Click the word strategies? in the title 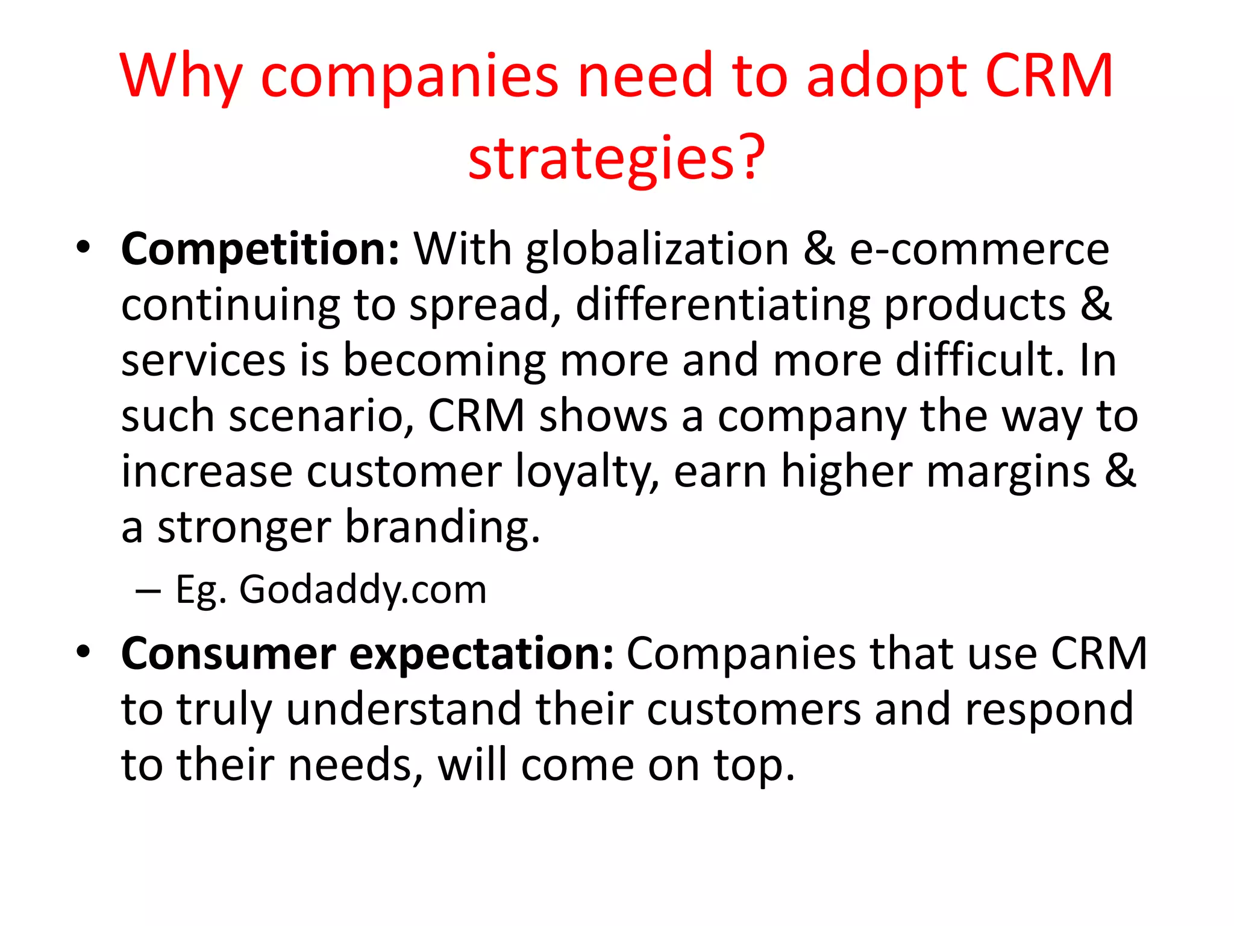click(x=616, y=158)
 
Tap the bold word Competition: click(x=260, y=250)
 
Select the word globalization click(x=657, y=250)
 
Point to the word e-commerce click(x=979, y=250)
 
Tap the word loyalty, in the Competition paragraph click(x=587, y=471)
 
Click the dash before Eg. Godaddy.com click(x=148, y=591)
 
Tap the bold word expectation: click(x=481, y=654)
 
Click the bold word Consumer click(x=228, y=654)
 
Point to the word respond click(x=1049, y=709)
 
